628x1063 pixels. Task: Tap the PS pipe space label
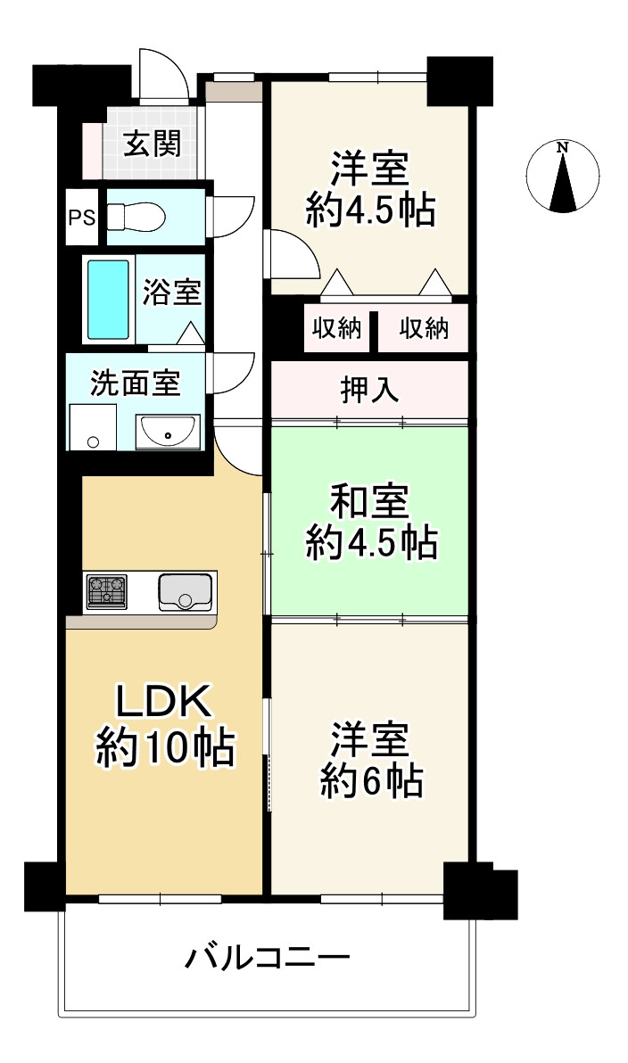click(82, 217)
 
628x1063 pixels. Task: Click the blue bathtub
click(108, 300)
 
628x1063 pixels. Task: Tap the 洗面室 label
click(136, 383)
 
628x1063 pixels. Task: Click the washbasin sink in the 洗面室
click(168, 433)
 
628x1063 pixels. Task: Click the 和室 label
click(369, 504)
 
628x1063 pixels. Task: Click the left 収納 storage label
click(336, 329)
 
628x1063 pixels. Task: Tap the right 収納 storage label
click(423, 329)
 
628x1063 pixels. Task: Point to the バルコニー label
click(268, 960)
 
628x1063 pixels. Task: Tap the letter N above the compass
click(562, 148)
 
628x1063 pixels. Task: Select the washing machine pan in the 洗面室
click(94, 428)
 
